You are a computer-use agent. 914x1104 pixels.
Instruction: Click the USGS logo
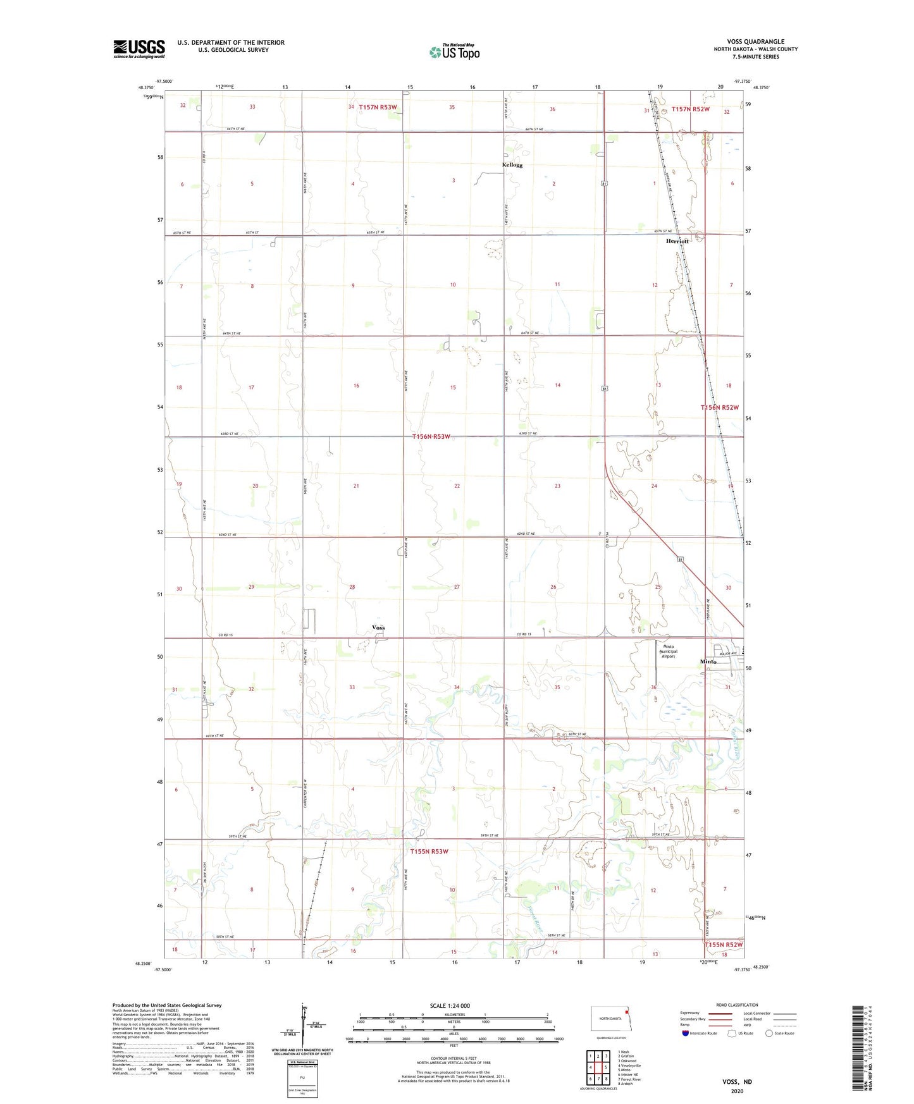click(x=139, y=48)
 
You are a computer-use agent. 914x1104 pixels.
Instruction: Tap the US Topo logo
click(x=454, y=52)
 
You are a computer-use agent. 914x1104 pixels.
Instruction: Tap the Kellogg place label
click(x=512, y=165)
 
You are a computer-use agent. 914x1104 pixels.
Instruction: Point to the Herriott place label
click(x=677, y=241)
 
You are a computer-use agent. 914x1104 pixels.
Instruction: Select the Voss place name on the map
click(x=378, y=627)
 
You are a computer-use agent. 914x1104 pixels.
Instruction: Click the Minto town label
click(x=708, y=661)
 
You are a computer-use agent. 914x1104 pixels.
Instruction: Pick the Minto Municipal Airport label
click(x=668, y=653)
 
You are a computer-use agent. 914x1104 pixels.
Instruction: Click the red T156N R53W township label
click(x=431, y=437)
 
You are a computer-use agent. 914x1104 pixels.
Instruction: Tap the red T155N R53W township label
click(x=429, y=851)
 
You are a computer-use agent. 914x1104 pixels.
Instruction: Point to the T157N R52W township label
click(x=691, y=109)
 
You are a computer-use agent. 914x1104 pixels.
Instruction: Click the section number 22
click(x=457, y=486)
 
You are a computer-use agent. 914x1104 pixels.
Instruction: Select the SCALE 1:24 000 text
click(x=450, y=1006)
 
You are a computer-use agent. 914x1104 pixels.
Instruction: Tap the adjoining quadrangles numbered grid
click(x=598, y=1068)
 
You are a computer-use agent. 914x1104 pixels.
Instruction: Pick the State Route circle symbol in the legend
click(x=769, y=1033)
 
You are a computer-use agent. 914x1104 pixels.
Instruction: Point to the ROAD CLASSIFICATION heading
click(x=737, y=1005)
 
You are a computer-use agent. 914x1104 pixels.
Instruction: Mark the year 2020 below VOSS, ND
click(x=737, y=1091)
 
